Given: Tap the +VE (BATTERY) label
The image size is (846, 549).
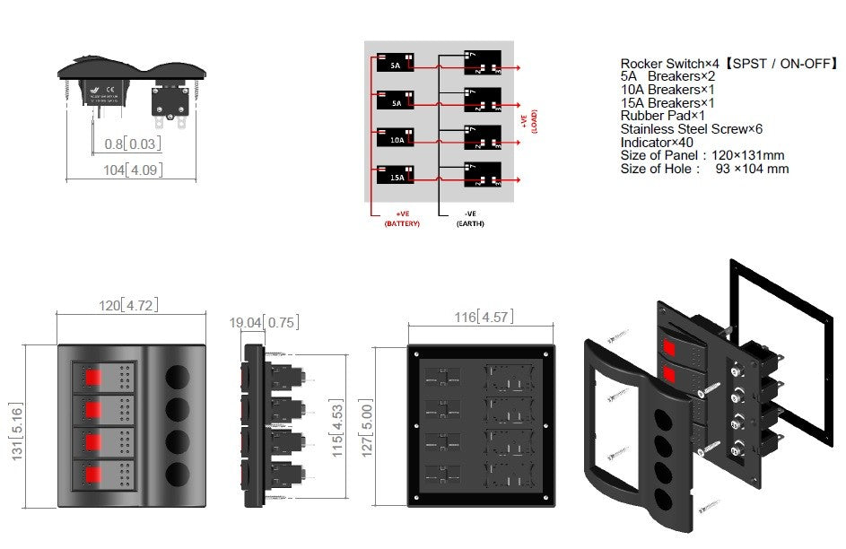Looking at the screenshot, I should point(401,218).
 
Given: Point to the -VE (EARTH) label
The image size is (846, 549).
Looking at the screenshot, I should point(470,218).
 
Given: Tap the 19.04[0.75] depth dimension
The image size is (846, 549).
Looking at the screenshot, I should point(264,322).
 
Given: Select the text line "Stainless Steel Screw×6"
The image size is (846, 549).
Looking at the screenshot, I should point(691,128).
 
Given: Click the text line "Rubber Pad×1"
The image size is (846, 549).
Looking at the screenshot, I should point(663,116).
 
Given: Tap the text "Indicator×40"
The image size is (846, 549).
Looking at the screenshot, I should point(657,142).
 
